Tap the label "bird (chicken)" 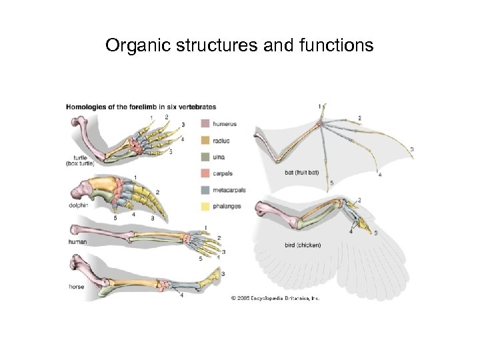click(303, 245)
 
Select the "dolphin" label click(78, 205)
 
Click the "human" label click(77, 242)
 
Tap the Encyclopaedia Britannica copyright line click(276, 298)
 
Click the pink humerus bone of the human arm click(100, 233)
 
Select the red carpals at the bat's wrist click(321, 123)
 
